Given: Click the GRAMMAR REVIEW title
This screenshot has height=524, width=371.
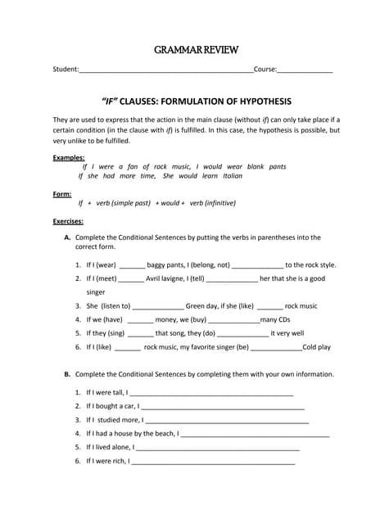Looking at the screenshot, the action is (197, 50).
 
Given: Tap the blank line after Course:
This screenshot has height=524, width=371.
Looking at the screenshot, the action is (305, 71).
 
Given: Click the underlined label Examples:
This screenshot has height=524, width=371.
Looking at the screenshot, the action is (69, 157).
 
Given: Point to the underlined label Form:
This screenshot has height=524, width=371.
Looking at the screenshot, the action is (62, 194).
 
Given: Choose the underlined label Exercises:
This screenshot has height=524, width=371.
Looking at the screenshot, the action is (70, 221).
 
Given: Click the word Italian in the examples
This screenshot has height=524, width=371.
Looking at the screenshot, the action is (233, 176).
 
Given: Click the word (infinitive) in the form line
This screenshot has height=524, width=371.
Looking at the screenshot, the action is (215, 203).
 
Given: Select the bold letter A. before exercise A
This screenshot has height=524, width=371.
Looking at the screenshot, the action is (67, 237).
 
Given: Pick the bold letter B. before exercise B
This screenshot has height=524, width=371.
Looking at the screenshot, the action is (67, 374).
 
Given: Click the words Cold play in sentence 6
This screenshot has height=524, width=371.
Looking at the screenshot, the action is (317, 347).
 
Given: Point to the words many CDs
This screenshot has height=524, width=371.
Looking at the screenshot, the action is (275, 319).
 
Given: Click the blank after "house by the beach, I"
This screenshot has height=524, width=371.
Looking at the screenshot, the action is (254, 435).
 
